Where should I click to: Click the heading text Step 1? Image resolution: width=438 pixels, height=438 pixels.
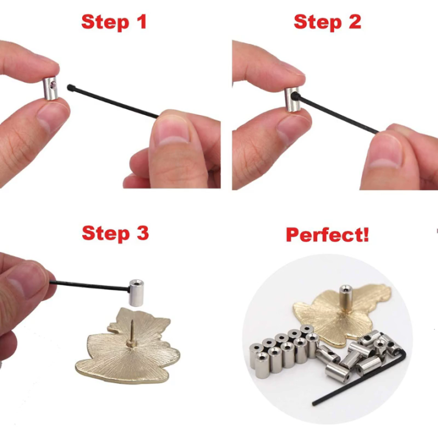114,22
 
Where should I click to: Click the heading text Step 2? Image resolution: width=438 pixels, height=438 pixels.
327,22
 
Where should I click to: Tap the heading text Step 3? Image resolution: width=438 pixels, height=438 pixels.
115,233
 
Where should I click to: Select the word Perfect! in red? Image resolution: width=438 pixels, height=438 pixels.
327,235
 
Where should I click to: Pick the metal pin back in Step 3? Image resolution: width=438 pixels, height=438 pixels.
137,292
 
